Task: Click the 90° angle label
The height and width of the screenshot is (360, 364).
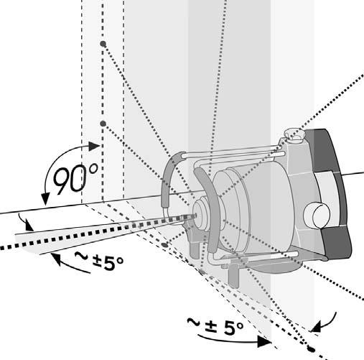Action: (x=75, y=178)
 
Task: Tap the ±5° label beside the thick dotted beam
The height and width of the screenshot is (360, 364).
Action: (x=99, y=261)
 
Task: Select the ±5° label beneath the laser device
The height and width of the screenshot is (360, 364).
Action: (x=215, y=326)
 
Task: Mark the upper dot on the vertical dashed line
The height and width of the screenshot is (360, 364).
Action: (x=103, y=44)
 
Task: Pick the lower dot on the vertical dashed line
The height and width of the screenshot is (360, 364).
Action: (x=103, y=124)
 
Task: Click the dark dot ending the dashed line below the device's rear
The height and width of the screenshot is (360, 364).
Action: (x=312, y=349)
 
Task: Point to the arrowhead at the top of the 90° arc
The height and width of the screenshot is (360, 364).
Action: (x=94, y=146)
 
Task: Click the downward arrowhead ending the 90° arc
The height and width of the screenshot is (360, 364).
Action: (x=45, y=199)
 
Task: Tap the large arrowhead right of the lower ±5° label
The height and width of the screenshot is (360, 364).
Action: (x=264, y=342)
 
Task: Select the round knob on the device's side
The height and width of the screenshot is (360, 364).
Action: (x=317, y=215)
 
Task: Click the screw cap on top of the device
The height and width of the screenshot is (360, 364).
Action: (x=294, y=134)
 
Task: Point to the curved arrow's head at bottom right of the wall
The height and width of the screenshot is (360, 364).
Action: (x=317, y=327)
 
